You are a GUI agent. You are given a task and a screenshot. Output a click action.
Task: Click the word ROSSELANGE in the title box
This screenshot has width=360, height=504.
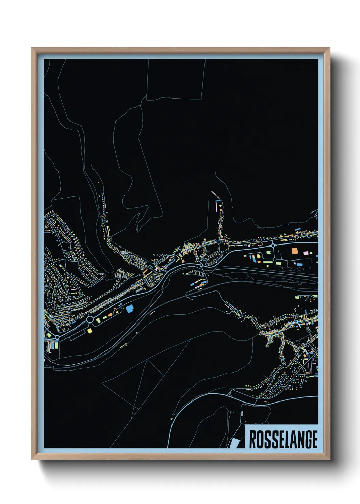tap(283, 440)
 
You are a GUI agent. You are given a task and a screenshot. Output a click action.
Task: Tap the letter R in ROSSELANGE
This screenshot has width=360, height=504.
tap(253, 440)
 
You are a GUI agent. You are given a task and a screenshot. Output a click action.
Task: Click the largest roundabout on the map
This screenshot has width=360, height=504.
tap(90, 320)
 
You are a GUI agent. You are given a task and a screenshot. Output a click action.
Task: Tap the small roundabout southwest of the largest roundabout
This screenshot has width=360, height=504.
tap(58, 337)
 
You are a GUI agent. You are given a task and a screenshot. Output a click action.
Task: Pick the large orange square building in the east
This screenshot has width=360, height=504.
tap(294, 251)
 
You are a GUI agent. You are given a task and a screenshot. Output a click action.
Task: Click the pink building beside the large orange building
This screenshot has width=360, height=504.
tap(306, 253)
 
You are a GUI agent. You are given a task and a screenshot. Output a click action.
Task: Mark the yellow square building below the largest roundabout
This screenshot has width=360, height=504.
tap(89, 330)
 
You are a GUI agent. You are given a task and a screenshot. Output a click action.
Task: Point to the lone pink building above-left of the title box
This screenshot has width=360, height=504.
tap(242, 413)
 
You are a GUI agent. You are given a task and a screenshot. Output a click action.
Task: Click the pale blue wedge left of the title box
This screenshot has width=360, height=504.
tap(235, 443)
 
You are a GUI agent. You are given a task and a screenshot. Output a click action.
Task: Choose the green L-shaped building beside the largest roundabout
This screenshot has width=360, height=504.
tap(98, 320)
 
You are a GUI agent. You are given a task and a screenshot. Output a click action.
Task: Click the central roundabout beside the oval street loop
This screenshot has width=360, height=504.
tap(201, 265)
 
